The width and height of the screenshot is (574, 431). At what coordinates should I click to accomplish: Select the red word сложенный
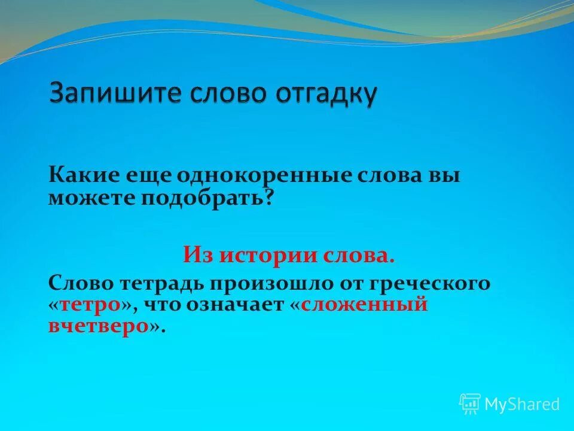(364, 304)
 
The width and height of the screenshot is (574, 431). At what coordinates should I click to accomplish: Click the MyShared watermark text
(522, 403)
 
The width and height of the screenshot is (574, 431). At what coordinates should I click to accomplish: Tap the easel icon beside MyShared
(469, 403)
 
